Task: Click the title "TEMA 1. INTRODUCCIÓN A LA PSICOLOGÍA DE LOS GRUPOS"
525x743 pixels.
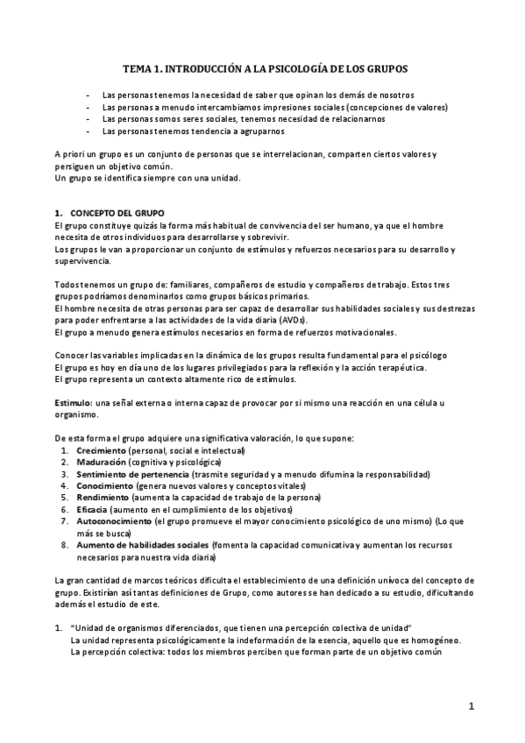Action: tap(264, 67)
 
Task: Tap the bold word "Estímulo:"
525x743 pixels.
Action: tap(74, 401)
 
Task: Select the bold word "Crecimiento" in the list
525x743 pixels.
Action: tap(101, 449)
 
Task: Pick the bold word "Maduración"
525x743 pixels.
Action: tap(100, 462)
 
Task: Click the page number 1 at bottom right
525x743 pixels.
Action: tap(471, 706)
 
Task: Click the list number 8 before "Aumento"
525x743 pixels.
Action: tap(65, 544)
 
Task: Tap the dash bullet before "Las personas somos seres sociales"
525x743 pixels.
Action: tap(88, 118)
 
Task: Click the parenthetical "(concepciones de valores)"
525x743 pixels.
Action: tap(395, 106)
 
